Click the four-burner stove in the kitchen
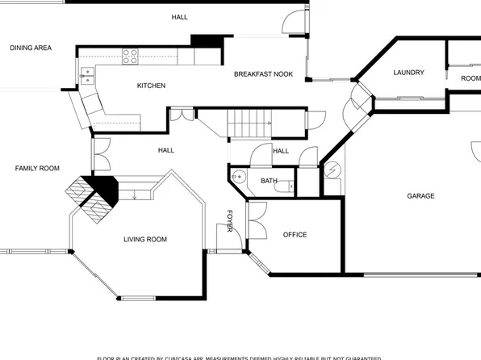(x=130, y=56)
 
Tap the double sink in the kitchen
(x=86, y=76)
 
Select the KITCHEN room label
(x=151, y=86)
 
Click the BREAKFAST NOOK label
(x=263, y=74)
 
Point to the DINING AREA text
(x=31, y=48)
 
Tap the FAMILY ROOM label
(x=37, y=168)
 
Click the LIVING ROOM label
(x=145, y=239)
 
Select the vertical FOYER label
(x=229, y=224)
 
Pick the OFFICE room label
(x=295, y=235)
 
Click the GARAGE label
(x=420, y=196)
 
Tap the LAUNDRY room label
(x=408, y=73)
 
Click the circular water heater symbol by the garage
(x=331, y=171)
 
